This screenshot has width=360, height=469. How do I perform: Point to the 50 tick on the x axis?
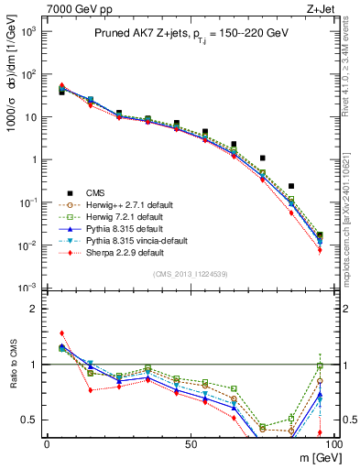click(x=191, y=442)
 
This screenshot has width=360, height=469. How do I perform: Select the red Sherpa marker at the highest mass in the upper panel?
click(x=319, y=250)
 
